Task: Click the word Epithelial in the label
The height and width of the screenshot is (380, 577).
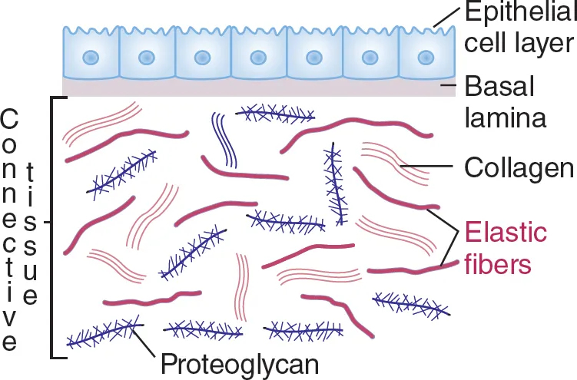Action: click(512, 13)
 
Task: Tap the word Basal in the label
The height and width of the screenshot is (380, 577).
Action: click(490, 84)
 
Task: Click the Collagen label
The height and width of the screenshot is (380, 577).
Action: click(519, 167)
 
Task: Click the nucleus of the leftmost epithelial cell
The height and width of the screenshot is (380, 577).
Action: click(91, 58)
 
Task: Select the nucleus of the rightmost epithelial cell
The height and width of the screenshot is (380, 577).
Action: click(425, 58)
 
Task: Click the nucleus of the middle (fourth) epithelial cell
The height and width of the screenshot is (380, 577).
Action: click(258, 58)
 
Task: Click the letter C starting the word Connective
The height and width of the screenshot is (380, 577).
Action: click(10, 120)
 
